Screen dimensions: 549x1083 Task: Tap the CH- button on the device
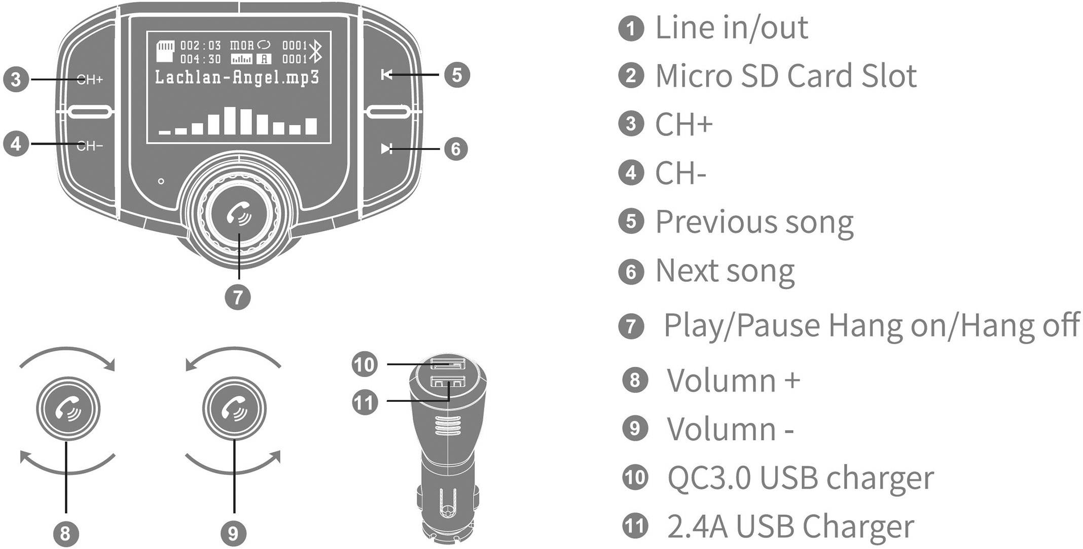[x=90, y=146]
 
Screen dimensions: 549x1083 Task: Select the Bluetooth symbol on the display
[x=316, y=51]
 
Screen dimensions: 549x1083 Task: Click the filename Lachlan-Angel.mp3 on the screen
[x=237, y=78]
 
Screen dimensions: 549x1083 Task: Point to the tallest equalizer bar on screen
[x=231, y=120]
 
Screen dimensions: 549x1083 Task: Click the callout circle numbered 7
[x=238, y=297]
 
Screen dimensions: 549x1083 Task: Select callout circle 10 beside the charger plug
[x=365, y=364]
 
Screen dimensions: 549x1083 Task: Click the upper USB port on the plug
[x=447, y=364]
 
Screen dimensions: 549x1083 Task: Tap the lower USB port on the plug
[x=447, y=382]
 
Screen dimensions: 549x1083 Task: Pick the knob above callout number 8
[x=68, y=409]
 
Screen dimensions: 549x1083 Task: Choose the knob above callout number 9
[x=234, y=409]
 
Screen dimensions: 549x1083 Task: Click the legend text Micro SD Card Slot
[x=786, y=76]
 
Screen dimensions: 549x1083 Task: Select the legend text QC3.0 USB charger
[x=800, y=477]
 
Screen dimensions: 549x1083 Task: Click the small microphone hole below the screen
[x=161, y=181]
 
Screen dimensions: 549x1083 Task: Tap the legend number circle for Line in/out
[x=631, y=28]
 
